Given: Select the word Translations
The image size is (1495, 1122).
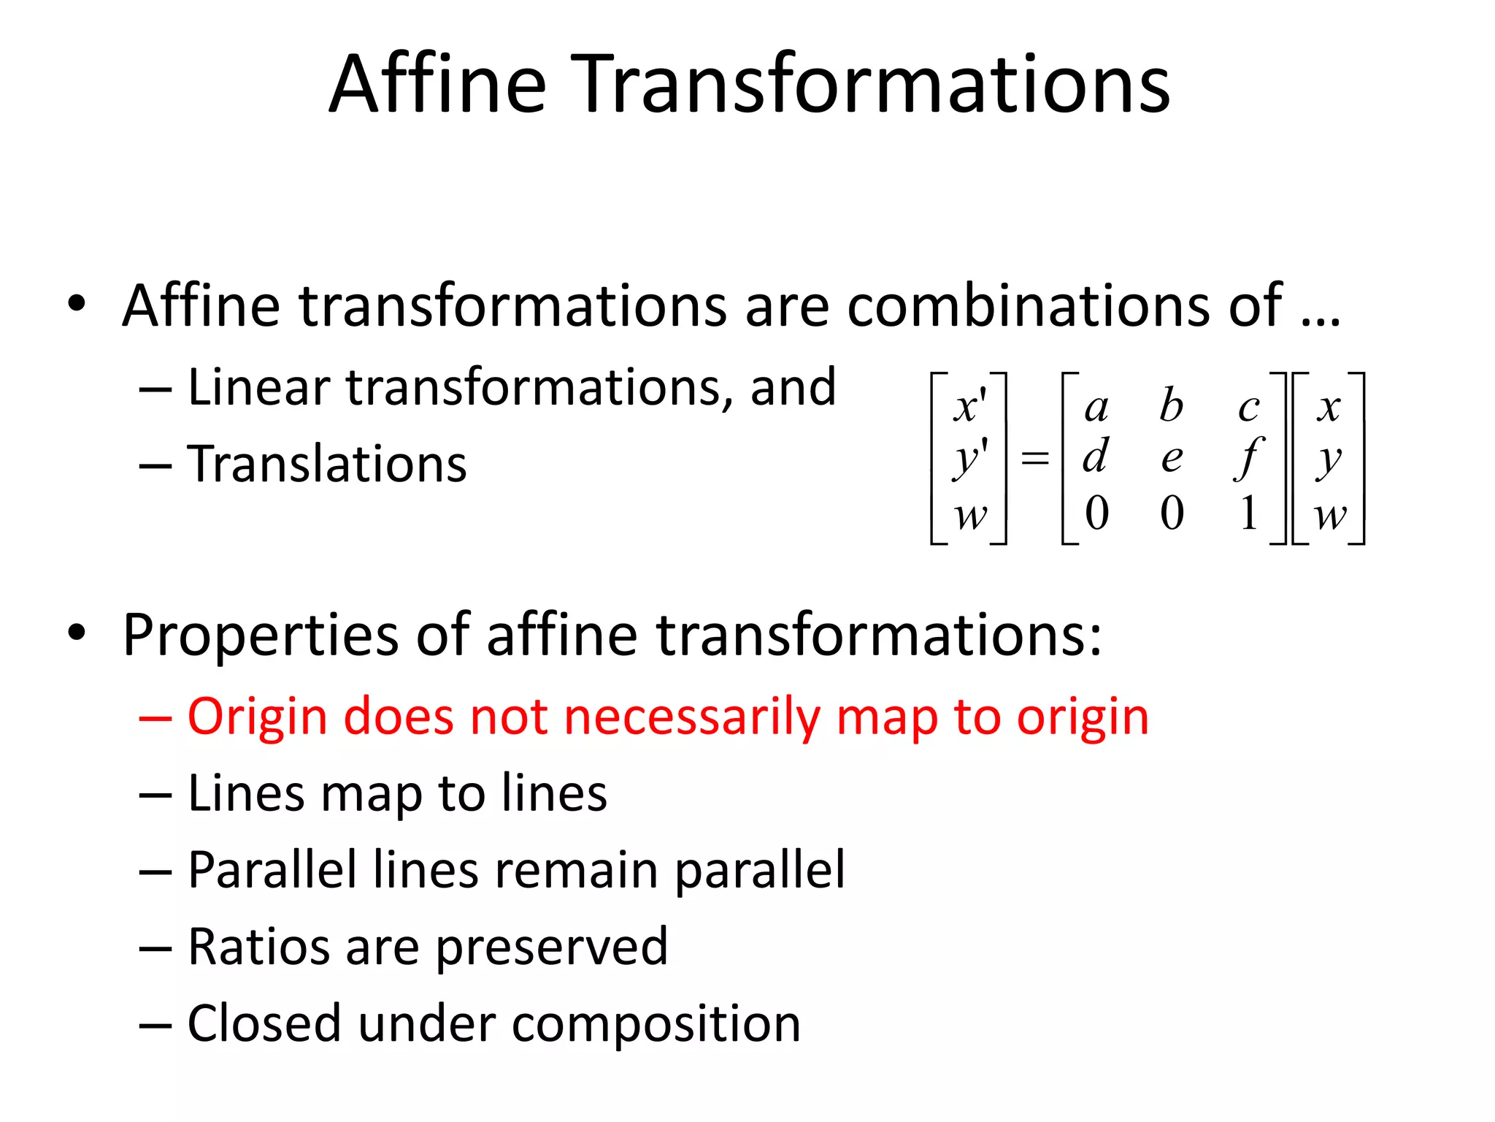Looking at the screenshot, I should tap(327, 464).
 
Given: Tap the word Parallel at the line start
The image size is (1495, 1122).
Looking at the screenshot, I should tap(272, 870).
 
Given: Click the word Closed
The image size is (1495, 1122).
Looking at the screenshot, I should tap(264, 1023).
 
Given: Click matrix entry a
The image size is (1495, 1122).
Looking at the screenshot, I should tap(1096, 408).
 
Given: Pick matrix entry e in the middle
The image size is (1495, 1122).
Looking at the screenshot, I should tap(1172, 459).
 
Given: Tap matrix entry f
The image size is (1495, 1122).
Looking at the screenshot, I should tap(1248, 459).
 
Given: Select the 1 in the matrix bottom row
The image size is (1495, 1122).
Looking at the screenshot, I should tap(1248, 513).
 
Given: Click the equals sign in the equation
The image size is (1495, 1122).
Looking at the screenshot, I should tap(1034, 459).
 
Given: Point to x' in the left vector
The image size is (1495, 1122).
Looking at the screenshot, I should tap(969, 407).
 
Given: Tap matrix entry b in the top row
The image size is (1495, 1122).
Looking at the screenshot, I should tap(1171, 405).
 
